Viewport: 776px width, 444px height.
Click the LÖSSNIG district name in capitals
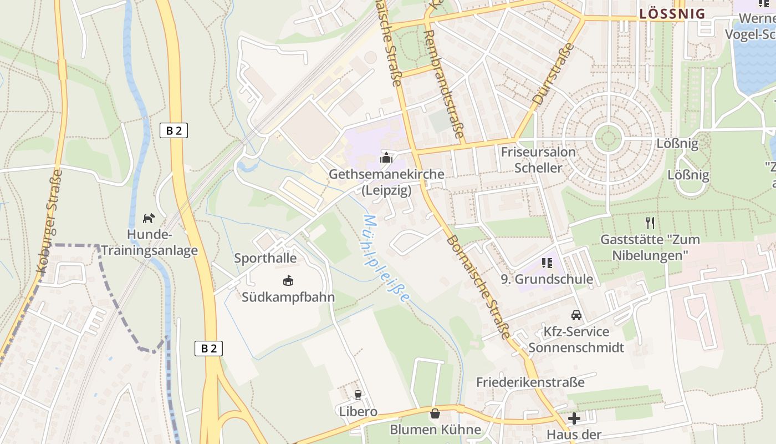pos(672,14)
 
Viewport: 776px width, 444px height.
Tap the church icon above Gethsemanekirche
pos(386,158)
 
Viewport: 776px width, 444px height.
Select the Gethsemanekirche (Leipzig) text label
pos(386,183)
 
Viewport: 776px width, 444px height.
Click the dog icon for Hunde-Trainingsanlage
pos(149,218)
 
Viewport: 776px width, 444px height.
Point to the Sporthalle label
pos(265,258)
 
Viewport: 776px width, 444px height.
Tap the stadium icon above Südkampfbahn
pos(288,281)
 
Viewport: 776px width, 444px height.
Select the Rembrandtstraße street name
pos(443,83)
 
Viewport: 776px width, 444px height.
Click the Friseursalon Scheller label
pos(538,160)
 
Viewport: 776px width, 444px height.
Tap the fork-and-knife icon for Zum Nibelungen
pos(650,223)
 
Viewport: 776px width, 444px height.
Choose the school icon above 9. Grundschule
pos(547,263)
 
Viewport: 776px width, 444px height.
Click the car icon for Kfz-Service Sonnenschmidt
pos(576,315)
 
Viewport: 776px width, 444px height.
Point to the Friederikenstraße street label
pos(530,382)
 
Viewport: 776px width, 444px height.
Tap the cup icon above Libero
pos(358,395)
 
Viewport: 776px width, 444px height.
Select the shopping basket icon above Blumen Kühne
pos(435,413)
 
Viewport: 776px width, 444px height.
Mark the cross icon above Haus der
pos(574,418)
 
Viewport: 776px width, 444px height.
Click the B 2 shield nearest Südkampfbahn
pos(208,349)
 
